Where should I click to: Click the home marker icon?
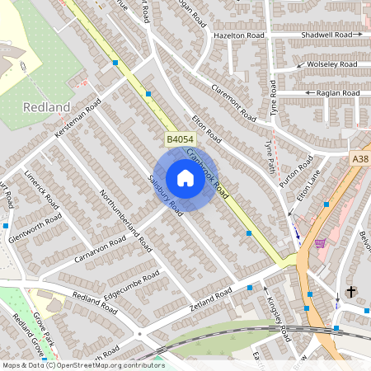click(x=185, y=178)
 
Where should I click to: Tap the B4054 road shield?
click(x=179, y=141)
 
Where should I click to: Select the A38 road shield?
click(x=361, y=159)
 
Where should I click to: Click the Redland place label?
click(x=47, y=107)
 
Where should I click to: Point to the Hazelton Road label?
click(x=238, y=36)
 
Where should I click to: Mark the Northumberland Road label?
click(x=125, y=218)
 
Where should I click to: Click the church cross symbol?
click(x=350, y=292)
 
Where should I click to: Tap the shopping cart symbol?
click(x=319, y=243)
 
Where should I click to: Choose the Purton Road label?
click(x=296, y=173)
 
